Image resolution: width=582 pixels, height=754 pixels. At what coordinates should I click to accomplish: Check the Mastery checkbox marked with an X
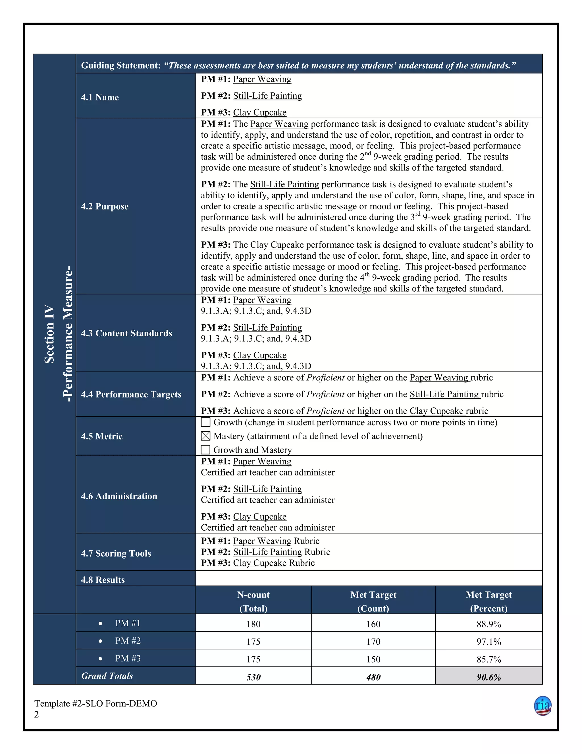pos(205,436)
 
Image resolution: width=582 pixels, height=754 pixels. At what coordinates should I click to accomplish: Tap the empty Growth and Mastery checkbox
pos(205,450)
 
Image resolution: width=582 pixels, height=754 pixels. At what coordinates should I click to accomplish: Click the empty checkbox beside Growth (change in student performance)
pos(205,422)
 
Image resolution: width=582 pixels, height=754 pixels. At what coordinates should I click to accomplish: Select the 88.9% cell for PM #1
pos(489,624)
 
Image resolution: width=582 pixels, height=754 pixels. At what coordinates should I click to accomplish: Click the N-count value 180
pos(253,624)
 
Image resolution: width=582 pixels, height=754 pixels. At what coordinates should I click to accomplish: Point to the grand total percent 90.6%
pos(489,677)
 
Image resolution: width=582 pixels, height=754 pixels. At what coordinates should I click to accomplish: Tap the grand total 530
pos(253,677)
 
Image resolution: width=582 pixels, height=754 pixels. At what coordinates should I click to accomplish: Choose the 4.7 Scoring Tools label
pos(116,553)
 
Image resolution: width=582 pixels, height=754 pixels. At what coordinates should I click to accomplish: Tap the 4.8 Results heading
pos(103,580)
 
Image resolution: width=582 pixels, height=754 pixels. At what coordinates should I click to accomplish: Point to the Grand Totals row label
pos(107,676)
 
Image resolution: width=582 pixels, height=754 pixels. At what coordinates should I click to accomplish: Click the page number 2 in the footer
pos(37,714)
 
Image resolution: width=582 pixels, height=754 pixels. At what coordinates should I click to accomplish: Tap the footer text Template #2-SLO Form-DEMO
pos(95,703)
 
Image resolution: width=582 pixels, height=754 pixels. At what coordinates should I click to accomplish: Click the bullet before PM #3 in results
pos(100,659)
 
